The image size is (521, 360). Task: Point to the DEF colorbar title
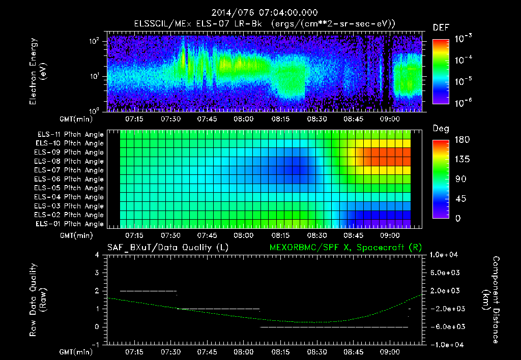coord(441,28)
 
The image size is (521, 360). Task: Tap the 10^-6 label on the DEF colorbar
coord(464,103)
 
